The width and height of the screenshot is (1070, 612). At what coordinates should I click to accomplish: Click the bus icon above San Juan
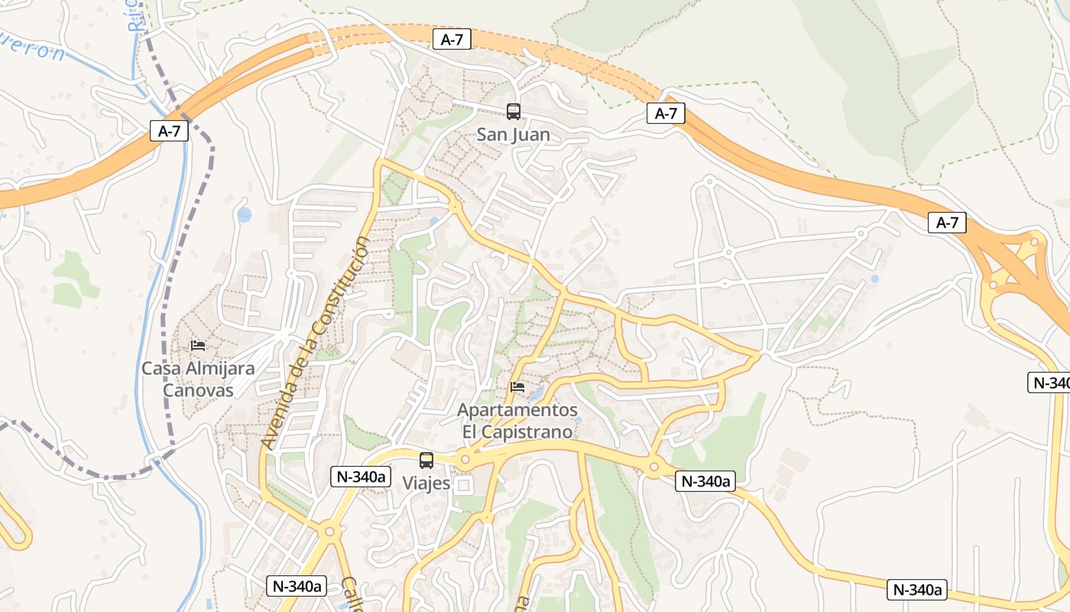(x=514, y=112)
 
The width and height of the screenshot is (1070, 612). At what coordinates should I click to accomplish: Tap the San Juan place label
(x=514, y=135)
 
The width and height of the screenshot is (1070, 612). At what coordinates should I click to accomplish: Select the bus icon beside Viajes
(x=426, y=461)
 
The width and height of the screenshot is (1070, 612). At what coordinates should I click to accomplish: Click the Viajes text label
(x=426, y=484)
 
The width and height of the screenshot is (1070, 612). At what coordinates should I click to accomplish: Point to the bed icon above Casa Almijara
(x=198, y=346)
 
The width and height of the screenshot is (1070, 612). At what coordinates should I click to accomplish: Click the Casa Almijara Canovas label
(x=198, y=379)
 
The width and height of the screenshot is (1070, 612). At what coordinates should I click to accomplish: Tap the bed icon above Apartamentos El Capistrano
(x=517, y=387)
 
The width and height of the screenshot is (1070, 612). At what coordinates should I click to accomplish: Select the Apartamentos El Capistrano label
(x=517, y=421)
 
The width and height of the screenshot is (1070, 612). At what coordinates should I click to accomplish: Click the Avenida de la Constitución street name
(x=314, y=343)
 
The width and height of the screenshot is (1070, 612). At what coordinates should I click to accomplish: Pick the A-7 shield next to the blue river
(x=169, y=131)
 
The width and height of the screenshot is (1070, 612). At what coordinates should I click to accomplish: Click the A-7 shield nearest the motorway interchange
(x=947, y=223)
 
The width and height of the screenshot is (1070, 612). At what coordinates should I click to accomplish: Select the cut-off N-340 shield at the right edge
(x=1049, y=382)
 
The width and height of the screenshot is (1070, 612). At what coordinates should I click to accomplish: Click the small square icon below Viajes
(x=464, y=485)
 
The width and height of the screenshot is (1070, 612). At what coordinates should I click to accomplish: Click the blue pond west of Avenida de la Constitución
(x=244, y=215)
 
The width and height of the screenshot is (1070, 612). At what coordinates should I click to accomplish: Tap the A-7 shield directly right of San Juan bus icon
(x=666, y=114)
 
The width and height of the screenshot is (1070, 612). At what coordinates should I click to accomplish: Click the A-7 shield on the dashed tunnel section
(x=452, y=40)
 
